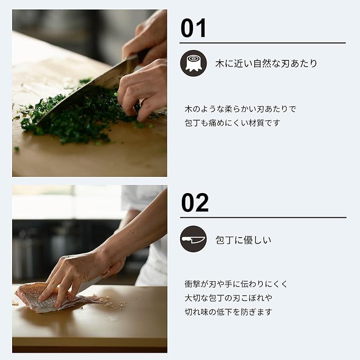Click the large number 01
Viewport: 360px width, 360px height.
tap(193, 28)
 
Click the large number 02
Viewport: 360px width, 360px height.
tap(195, 202)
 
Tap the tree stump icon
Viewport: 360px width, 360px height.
tap(193, 63)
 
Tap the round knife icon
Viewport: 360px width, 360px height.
tap(193, 239)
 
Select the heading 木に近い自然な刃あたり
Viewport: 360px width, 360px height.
tap(266, 63)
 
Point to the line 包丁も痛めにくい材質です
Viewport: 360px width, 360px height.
tap(232, 122)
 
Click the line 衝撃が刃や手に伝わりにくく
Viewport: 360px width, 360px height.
tap(236, 284)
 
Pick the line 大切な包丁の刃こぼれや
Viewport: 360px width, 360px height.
tap(229, 298)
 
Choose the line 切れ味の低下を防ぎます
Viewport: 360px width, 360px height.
tap(229, 311)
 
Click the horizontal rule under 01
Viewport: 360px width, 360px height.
tap(262, 43)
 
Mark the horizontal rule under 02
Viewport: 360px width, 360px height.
tap(263, 218)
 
